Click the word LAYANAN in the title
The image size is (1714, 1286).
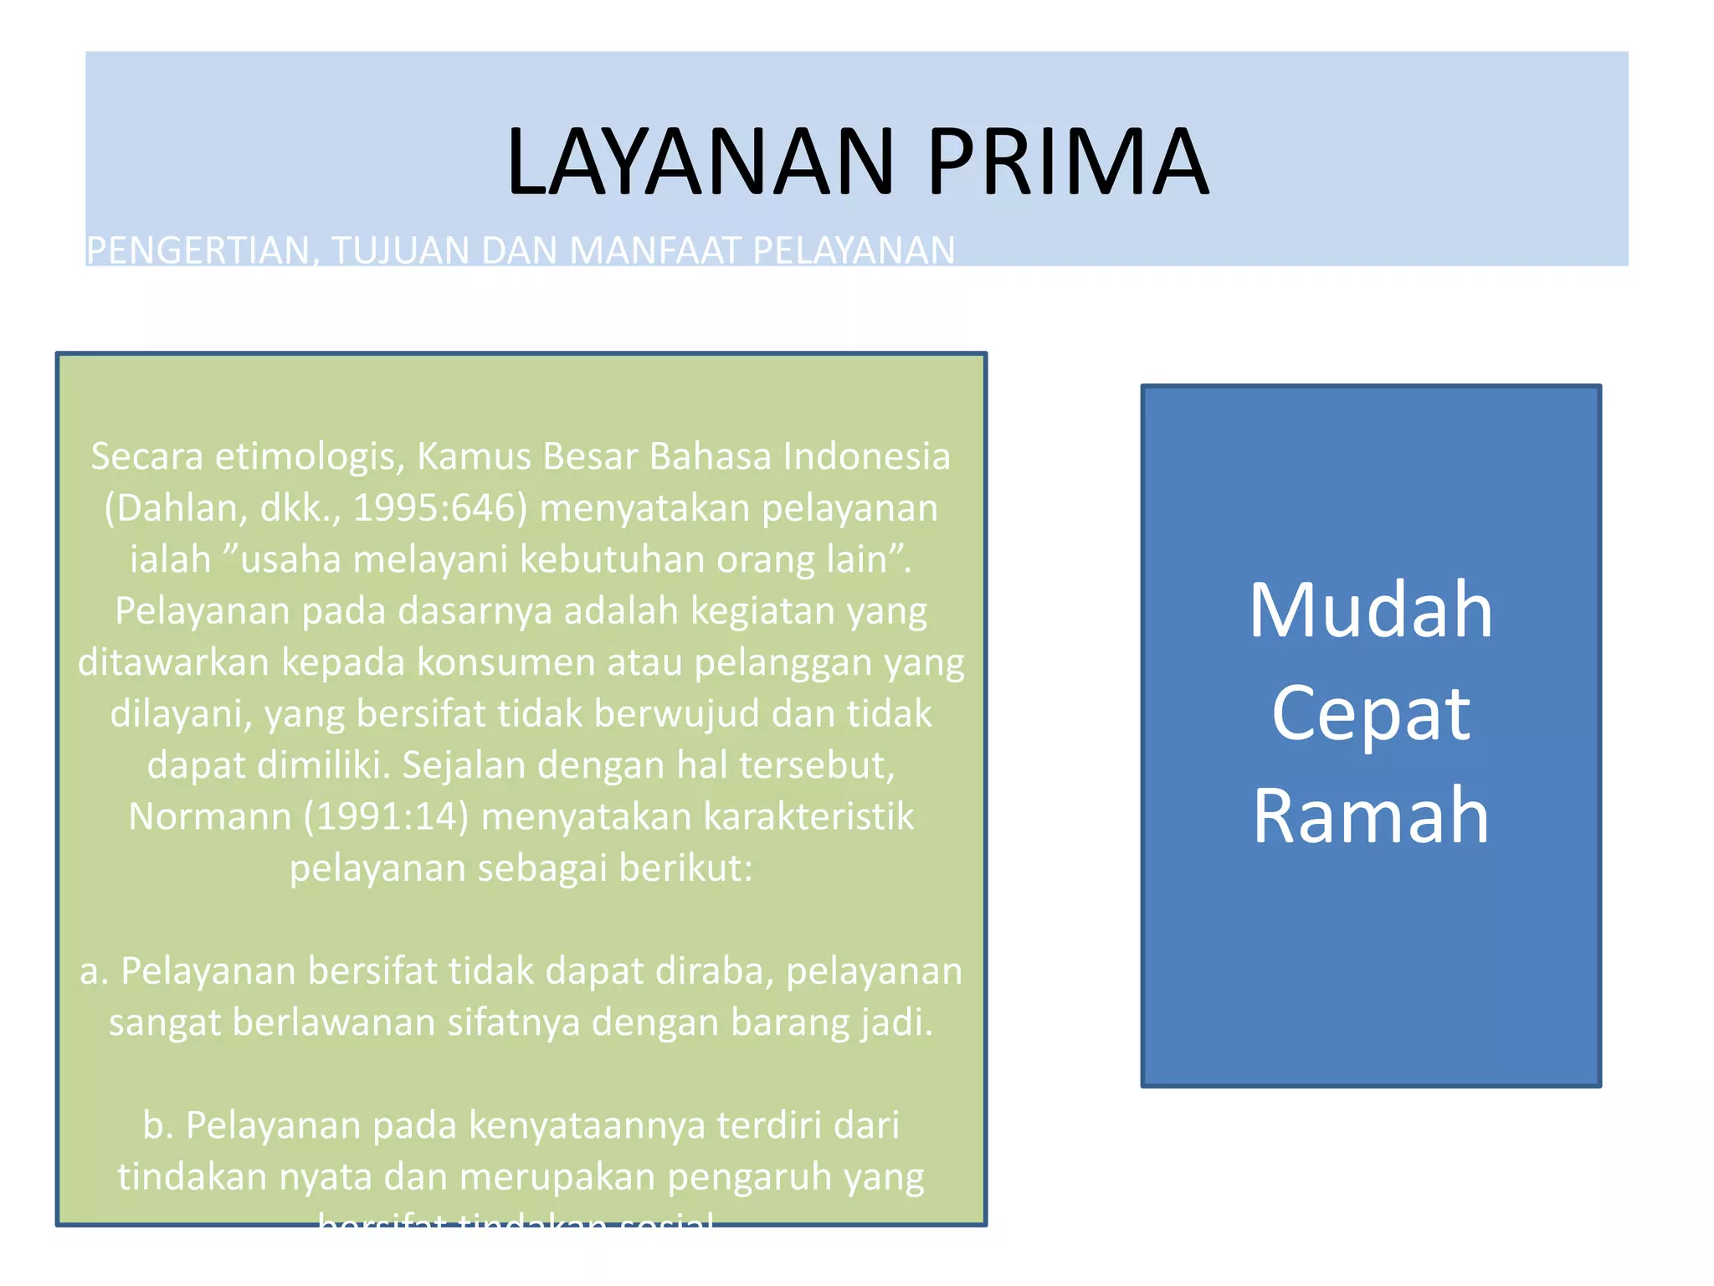click(x=700, y=161)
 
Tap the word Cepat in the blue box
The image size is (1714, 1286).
click(x=1370, y=713)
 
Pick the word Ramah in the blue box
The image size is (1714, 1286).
click(x=1370, y=815)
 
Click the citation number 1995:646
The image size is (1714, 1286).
click(x=440, y=508)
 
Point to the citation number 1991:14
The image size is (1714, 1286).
click(x=386, y=816)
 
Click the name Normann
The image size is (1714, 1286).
click(x=210, y=816)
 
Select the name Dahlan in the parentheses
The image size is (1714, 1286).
click(x=179, y=508)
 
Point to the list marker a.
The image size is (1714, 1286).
click(x=94, y=971)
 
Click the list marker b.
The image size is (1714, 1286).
click(x=158, y=1125)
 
